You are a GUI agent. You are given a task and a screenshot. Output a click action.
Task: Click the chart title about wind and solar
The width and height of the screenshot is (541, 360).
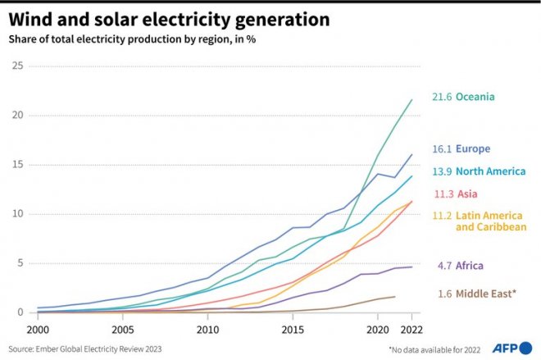[x=170, y=17]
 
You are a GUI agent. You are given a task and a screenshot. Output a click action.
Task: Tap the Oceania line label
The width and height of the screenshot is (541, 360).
[x=463, y=97]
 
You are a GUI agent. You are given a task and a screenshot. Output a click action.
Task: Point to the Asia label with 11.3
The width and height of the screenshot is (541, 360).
[x=454, y=194]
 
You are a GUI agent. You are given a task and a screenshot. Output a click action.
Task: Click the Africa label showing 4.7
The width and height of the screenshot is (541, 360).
[x=459, y=266]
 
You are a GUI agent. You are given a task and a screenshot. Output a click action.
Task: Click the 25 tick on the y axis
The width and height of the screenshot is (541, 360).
[x=16, y=65]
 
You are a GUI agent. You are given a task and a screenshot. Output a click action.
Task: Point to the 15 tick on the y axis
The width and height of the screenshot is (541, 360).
[x=16, y=164]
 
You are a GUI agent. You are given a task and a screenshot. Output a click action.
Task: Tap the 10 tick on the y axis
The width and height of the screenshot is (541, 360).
[x=16, y=213]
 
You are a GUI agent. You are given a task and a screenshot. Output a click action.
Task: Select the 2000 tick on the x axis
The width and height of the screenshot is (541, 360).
[x=38, y=329]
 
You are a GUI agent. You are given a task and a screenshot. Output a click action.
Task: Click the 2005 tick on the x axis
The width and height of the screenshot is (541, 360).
[x=122, y=329]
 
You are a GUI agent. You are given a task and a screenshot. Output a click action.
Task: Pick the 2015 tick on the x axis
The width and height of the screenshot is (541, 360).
[x=293, y=329]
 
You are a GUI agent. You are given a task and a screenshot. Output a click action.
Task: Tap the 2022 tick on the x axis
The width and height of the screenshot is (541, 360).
[x=411, y=329]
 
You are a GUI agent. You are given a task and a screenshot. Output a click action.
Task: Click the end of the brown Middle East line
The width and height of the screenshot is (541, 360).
[x=394, y=297]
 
